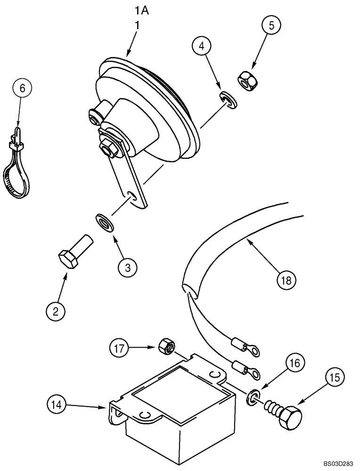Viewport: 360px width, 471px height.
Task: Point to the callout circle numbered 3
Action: (128, 267)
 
